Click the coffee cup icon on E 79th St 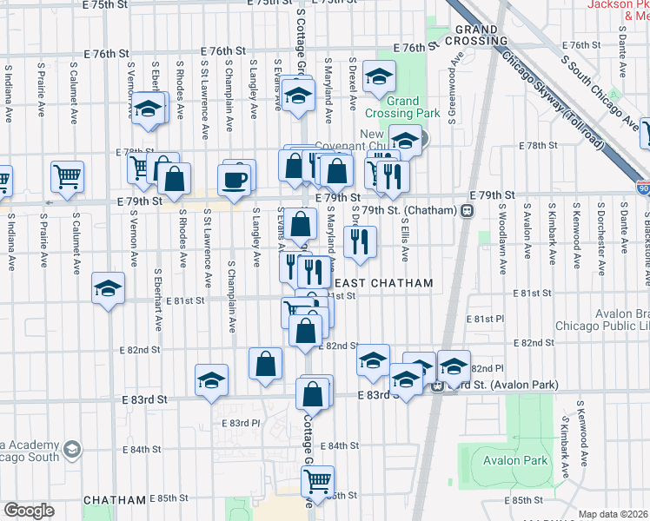237,178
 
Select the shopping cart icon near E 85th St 319,478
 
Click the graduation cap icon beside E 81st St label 108,289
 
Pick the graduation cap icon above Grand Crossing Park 379,78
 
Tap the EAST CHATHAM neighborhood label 383,284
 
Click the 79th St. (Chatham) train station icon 468,211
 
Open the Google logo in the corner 30,511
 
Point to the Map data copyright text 613,514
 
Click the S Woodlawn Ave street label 502,237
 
